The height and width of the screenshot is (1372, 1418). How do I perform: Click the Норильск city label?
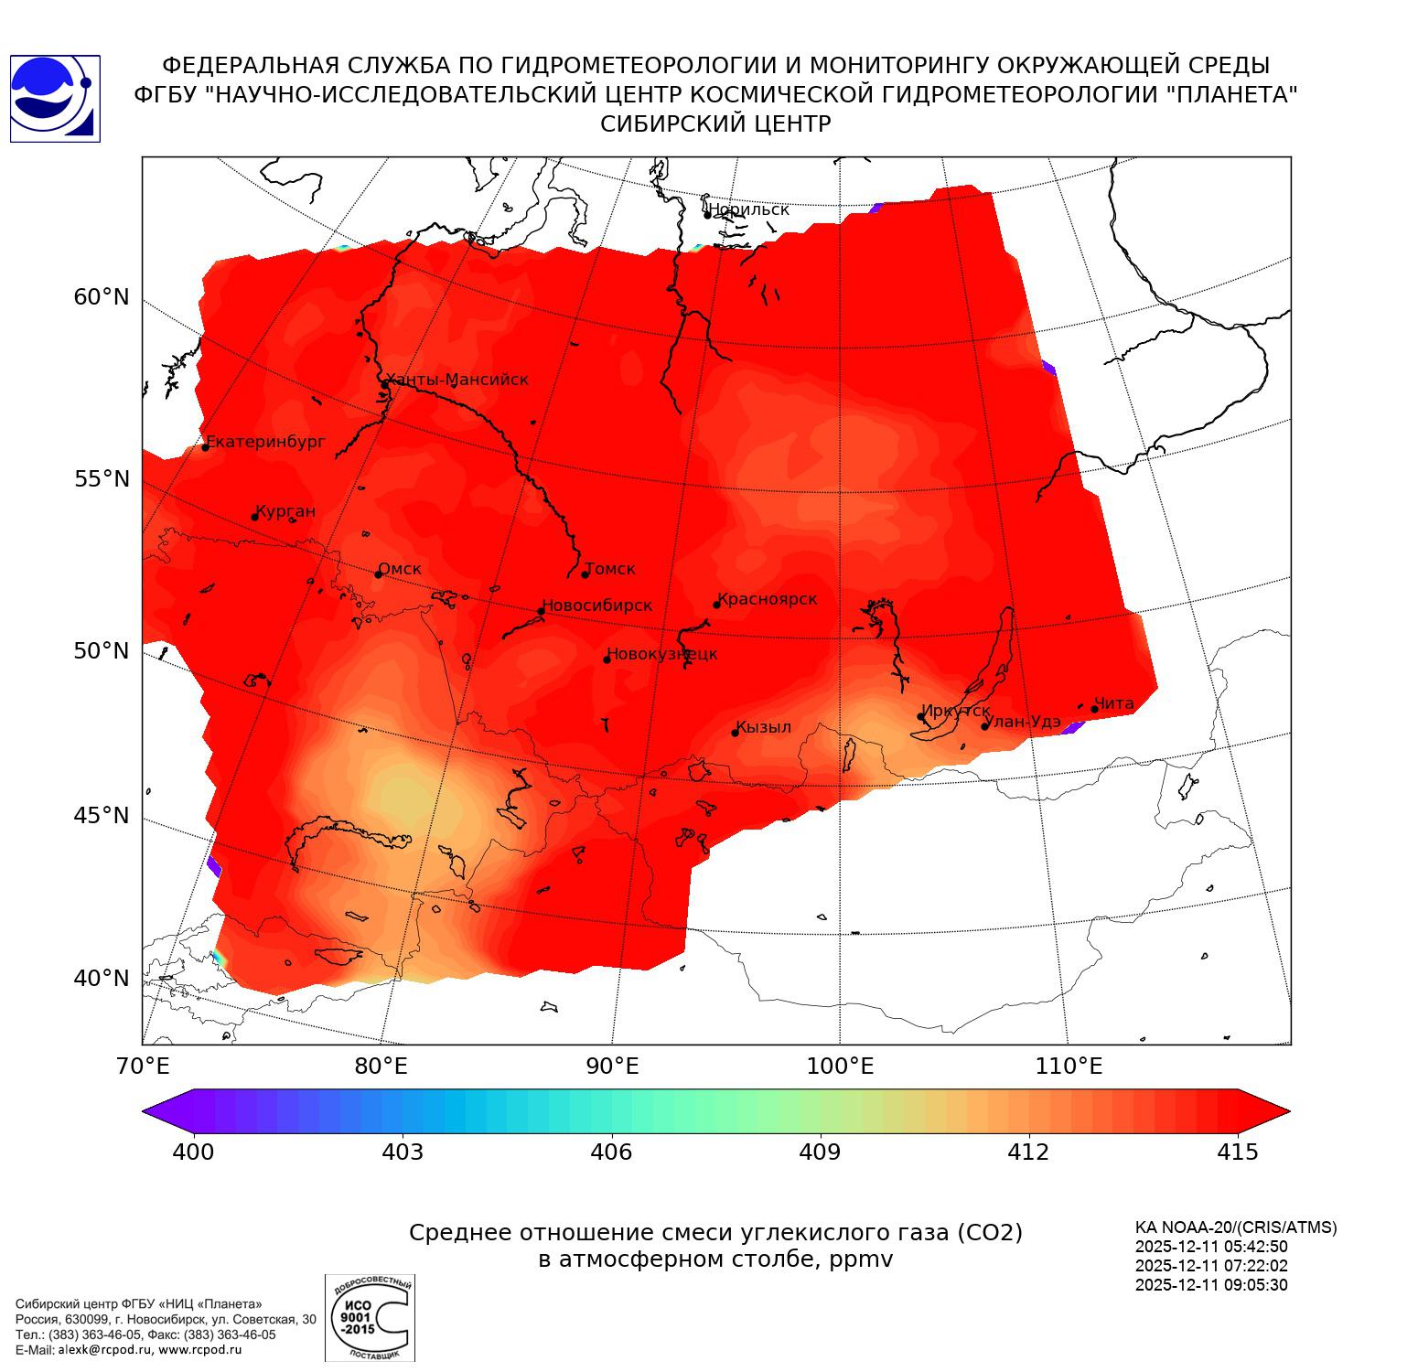(x=748, y=209)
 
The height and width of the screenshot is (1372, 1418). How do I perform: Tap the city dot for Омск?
(x=378, y=574)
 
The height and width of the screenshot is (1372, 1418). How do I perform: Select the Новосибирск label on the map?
(x=597, y=606)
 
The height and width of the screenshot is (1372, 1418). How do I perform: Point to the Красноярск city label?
(x=767, y=599)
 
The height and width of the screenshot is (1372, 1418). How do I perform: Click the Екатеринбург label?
(x=266, y=442)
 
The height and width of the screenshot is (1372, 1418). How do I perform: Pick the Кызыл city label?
(x=763, y=727)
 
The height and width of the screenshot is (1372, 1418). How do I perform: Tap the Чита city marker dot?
(x=1094, y=709)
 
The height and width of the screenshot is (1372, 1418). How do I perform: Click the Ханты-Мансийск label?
(x=457, y=380)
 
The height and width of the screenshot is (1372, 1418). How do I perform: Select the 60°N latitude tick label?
(x=102, y=297)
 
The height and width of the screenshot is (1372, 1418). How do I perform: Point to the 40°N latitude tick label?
(x=102, y=979)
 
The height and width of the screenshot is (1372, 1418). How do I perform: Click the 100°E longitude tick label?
(x=840, y=1067)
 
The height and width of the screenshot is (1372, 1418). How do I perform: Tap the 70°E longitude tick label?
(x=143, y=1067)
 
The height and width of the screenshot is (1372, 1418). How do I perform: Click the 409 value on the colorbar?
(x=820, y=1152)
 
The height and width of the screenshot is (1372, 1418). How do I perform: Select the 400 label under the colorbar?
(x=193, y=1152)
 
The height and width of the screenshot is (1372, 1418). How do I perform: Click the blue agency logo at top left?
(x=55, y=99)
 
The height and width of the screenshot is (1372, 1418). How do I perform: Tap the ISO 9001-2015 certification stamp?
(x=370, y=1317)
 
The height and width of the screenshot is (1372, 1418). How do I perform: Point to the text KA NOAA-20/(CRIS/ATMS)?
(x=1235, y=1227)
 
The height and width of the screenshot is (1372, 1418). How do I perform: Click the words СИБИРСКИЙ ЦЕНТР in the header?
(x=715, y=124)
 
